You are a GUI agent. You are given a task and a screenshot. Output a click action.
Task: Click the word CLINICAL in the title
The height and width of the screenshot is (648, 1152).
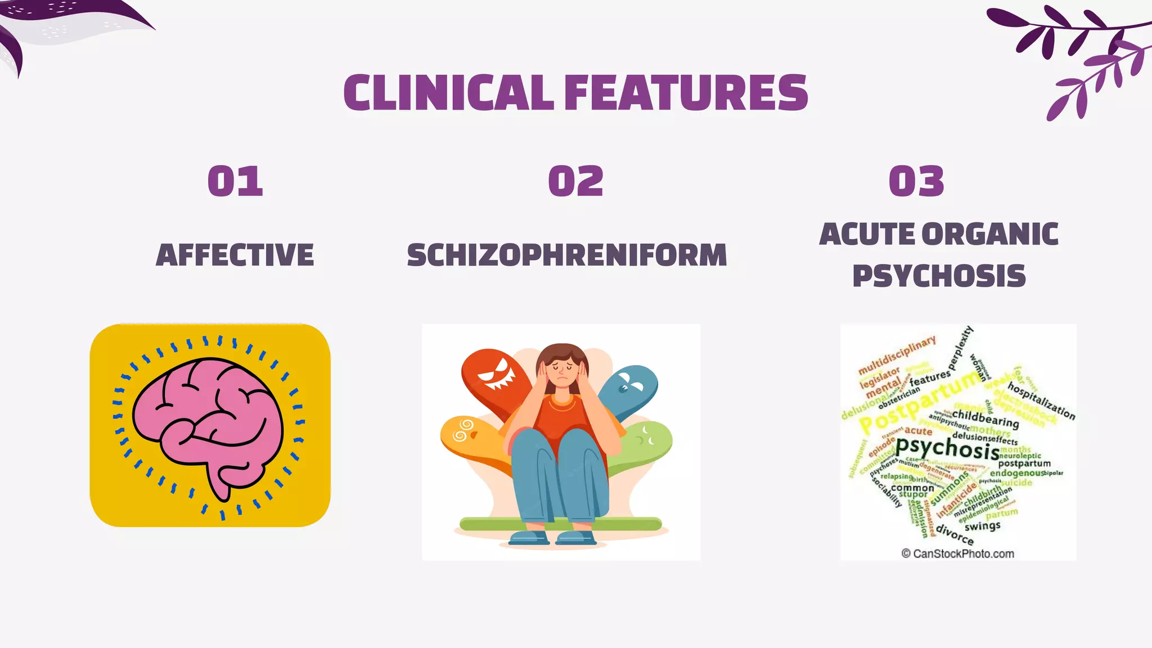tap(449, 93)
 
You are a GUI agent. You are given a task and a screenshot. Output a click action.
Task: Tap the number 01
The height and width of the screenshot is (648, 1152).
tap(235, 181)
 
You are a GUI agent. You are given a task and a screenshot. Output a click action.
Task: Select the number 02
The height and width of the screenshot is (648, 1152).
tap(575, 181)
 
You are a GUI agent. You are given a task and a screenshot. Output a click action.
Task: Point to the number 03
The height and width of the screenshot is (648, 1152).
tap(916, 181)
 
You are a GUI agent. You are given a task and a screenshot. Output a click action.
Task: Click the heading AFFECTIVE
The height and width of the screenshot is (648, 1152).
tap(235, 255)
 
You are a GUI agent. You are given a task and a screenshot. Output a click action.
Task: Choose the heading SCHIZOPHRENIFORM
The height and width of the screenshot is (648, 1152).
tap(567, 255)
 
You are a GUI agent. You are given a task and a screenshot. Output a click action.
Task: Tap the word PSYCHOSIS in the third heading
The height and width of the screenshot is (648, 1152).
tap(939, 276)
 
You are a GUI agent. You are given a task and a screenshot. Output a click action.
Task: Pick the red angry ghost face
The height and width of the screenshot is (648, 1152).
tap(495, 374)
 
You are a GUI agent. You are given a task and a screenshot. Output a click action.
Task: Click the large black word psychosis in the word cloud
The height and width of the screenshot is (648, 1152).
tap(947, 449)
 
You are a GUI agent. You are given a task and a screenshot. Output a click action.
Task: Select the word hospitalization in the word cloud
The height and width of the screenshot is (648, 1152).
tap(1041, 400)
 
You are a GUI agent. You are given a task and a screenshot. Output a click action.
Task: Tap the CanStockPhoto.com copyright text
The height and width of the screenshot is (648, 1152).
tap(957, 553)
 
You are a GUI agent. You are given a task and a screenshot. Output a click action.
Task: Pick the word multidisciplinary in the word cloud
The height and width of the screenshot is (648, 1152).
tap(897, 355)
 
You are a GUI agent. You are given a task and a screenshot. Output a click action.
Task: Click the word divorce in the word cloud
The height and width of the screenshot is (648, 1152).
tap(955, 534)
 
